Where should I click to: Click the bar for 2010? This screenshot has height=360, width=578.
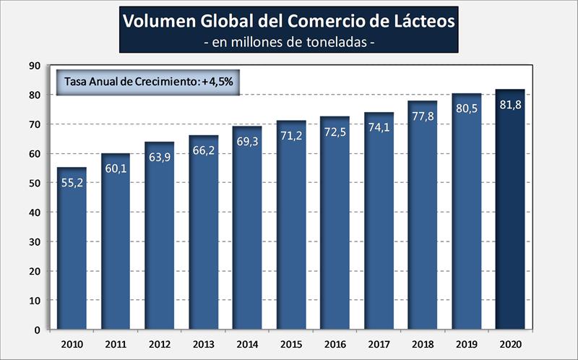tap(72, 249)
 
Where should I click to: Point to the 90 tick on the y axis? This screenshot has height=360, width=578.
tap(35, 66)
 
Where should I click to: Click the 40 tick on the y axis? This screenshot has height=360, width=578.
tap(35, 213)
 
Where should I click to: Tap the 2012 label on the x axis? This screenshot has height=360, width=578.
tap(160, 343)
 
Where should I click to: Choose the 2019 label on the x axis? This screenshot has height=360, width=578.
tap(467, 343)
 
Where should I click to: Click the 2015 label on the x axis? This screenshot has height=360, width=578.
tap(291, 343)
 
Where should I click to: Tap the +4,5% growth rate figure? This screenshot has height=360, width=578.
tap(219, 81)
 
